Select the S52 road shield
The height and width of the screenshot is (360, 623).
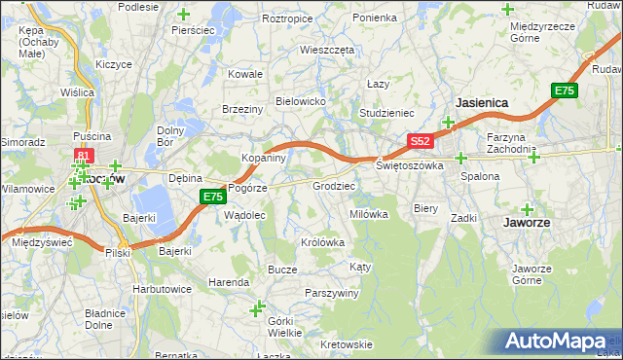(x=420, y=141)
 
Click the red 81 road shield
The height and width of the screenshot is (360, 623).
(x=84, y=155)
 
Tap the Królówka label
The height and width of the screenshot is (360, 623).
(x=324, y=243)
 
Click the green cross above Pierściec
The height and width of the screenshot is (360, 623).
(x=185, y=14)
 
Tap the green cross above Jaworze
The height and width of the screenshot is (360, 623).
(x=528, y=208)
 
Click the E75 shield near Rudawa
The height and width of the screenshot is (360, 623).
(x=564, y=90)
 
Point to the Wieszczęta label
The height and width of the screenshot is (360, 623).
(x=328, y=49)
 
